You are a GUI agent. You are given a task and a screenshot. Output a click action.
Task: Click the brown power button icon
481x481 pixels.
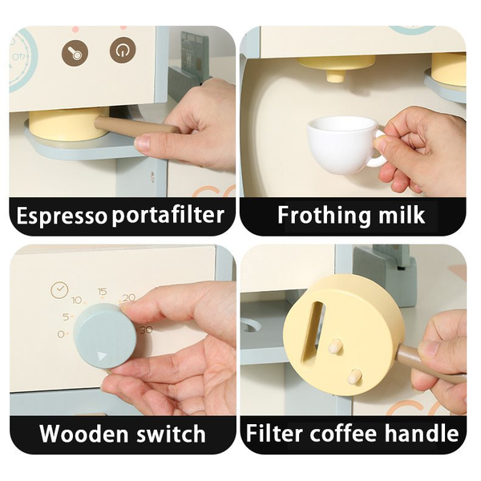tap(123, 51)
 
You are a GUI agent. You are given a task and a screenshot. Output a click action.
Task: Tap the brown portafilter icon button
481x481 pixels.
tap(75, 52)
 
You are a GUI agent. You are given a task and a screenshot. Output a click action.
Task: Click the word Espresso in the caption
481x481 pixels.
tap(62, 216)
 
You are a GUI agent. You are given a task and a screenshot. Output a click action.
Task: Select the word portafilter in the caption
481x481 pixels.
tap(168, 215)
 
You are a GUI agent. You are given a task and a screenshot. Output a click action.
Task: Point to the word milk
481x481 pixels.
tap(402, 215)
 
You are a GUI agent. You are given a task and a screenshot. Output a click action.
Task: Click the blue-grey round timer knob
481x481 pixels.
tap(105, 336)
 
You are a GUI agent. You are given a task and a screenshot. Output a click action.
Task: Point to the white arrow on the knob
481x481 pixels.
tap(102, 356)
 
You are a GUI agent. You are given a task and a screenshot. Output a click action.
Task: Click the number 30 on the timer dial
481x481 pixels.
tap(147, 330)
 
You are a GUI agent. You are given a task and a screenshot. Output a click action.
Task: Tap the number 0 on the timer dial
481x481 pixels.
tap(61, 333)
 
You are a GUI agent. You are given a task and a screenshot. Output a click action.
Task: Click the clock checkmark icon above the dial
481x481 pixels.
tap(59, 289)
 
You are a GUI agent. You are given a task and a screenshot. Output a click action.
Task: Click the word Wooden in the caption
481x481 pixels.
tap(83, 434)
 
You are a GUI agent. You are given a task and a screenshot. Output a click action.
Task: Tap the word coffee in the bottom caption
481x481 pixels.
tap(343, 434)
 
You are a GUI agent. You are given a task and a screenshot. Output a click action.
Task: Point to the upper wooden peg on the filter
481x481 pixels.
tap(335, 346)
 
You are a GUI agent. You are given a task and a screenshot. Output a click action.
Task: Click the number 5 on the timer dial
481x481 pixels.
tap(66, 317)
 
